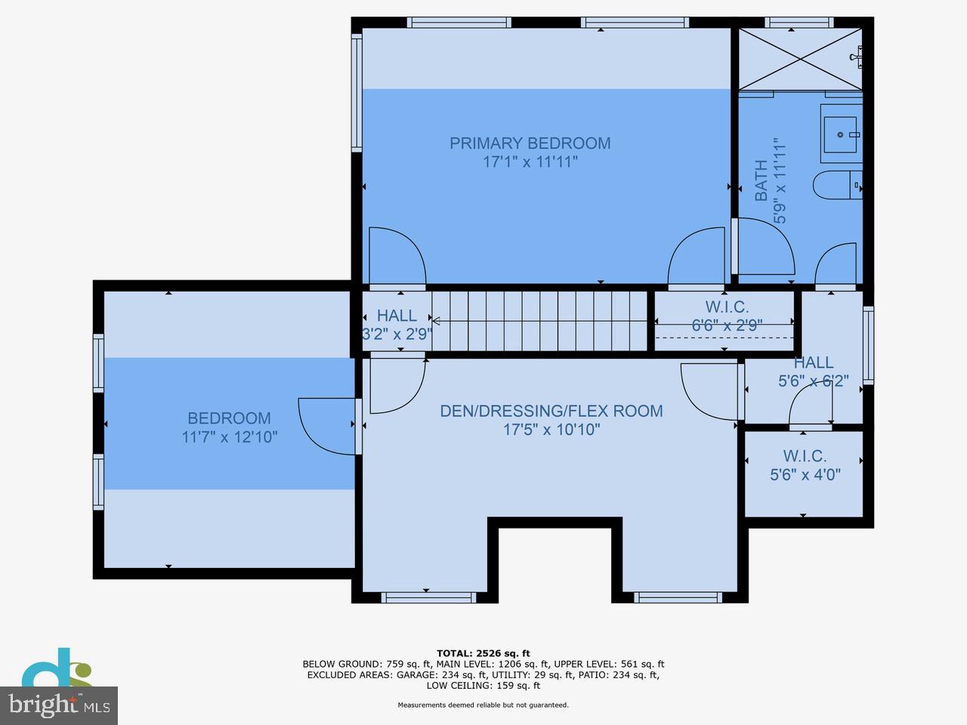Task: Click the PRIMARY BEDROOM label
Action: point(530,143)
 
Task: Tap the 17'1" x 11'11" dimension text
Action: point(530,162)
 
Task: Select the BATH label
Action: point(762,180)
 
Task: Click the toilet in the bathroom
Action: point(837,185)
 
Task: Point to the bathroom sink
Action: point(841,134)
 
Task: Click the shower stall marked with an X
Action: point(800,59)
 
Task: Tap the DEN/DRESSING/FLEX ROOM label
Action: point(551,411)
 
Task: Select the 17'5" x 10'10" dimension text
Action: point(551,429)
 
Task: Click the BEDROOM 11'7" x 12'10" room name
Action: point(229,418)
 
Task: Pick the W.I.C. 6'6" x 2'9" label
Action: point(727,316)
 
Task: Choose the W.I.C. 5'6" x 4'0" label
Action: point(805,465)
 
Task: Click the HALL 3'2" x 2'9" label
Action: point(397,325)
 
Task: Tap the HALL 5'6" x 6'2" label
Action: point(813,372)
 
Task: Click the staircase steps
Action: point(539,321)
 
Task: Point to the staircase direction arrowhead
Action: point(436,321)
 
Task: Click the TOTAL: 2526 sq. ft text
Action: point(483,653)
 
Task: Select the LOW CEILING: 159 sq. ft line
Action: point(483,686)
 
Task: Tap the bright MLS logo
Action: point(59,705)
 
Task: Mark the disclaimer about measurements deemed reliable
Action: point(483,705)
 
